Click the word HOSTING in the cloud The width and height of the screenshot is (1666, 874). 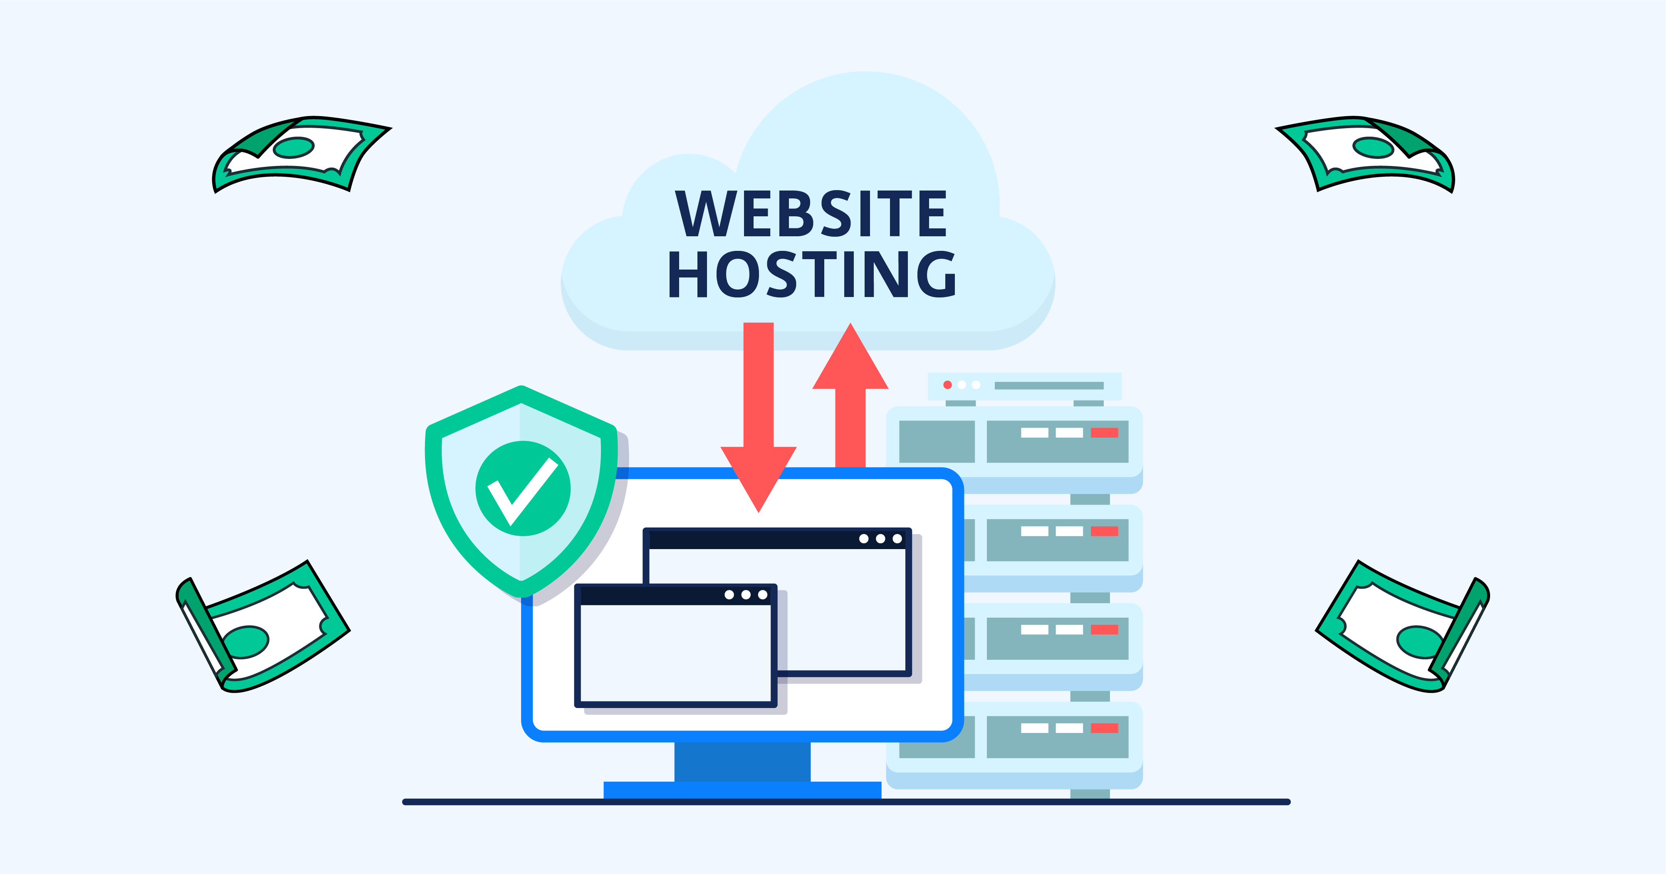coord(812,275)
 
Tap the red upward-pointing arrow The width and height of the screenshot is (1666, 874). coord(850,388)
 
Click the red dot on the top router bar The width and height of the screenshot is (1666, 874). coord(947,385)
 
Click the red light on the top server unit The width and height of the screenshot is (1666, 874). coord(1105,433)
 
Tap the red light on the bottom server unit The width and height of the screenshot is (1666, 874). coord(1105,728)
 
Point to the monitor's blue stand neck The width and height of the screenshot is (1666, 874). coord(742,761)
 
